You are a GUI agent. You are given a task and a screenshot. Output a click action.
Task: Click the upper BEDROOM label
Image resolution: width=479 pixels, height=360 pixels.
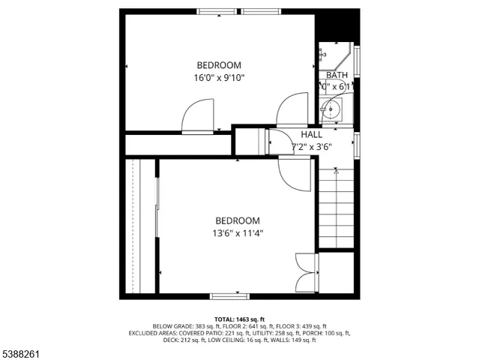220,64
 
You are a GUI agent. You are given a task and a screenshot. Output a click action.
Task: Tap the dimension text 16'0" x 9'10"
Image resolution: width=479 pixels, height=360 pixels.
220,77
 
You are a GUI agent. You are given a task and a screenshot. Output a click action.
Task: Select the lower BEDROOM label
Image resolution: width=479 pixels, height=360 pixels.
238,220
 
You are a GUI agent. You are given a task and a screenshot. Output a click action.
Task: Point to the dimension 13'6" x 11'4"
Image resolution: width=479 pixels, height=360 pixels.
238,233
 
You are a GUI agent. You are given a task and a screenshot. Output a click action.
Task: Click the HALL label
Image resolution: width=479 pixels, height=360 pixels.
311,134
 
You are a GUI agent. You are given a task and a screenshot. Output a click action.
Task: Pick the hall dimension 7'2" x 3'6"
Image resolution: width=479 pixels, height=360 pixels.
311,147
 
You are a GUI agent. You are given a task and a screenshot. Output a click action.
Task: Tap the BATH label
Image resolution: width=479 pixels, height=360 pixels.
337,75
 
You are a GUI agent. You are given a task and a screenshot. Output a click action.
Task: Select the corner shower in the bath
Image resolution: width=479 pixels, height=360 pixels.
336,56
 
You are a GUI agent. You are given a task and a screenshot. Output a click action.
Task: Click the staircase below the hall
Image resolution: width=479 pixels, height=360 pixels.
337,210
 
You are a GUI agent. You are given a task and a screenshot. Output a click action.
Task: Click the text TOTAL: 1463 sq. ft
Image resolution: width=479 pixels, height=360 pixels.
239,319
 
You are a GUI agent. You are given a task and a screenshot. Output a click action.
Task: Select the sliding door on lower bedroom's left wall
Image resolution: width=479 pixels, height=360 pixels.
157,225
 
